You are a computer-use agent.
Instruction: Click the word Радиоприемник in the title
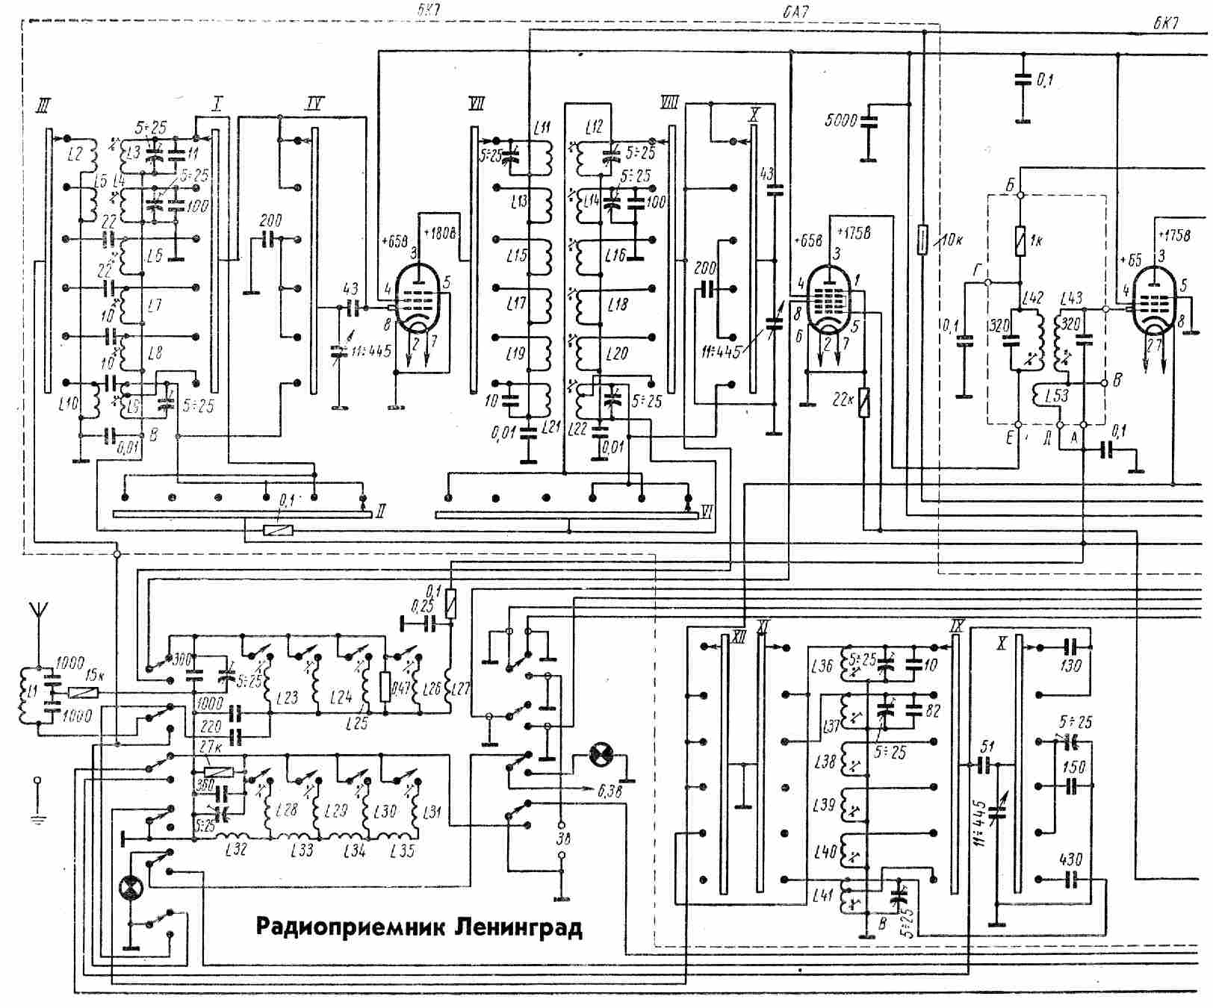coord(351,927)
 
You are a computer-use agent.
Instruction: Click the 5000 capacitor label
coord(840,119)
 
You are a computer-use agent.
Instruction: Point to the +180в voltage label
coord(440,233)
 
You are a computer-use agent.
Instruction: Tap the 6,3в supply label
coord(609,792)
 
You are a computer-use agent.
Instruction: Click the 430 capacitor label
coord(1070,860)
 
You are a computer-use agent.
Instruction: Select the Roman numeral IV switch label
coord(314,103)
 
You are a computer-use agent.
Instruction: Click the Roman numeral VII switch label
coord(476,103)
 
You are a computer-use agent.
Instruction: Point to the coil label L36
coord(822,665)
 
